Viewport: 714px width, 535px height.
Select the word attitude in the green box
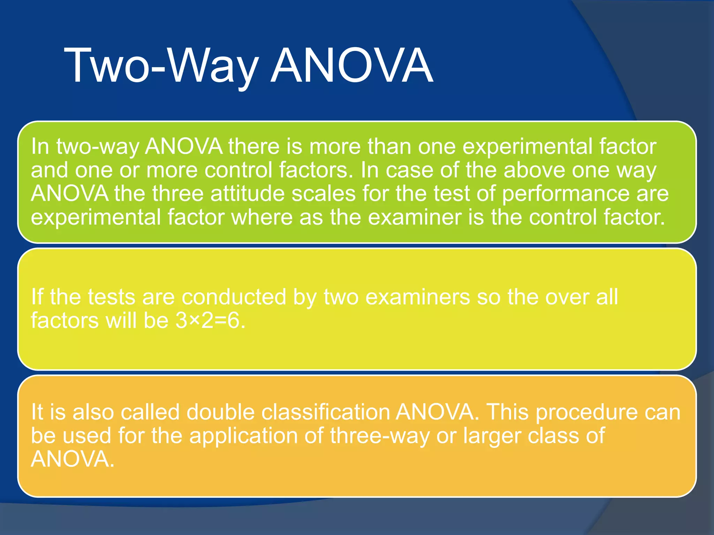click(248, 194)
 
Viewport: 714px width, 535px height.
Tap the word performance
click(566, 194)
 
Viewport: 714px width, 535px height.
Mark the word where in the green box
click(262, 217)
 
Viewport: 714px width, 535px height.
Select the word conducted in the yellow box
click(234, 297)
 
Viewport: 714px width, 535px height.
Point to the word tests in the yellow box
click(111, 297)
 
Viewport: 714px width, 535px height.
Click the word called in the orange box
click(150, 412)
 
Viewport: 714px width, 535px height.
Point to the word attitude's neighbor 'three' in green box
click(177, 194)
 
